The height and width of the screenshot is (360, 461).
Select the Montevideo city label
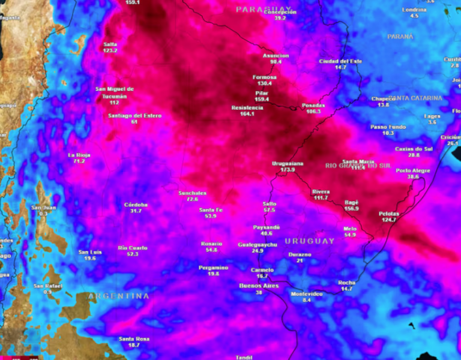coord(307,293)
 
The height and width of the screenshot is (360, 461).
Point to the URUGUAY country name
coord(309,241)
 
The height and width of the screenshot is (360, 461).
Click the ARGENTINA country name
coord(118,296)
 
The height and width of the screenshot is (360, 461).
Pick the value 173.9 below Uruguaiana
coord(288,170)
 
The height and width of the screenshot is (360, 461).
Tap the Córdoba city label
coord(136,205)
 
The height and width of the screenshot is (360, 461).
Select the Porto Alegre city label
coord(413,170)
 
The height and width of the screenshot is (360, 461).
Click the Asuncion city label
coord(276,56)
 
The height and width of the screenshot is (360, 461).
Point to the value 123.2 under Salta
coord(110,50)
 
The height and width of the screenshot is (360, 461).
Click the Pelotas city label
coord(389,214)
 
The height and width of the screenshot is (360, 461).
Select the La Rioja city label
coord(79,155)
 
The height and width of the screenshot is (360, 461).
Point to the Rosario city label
coord(211,243)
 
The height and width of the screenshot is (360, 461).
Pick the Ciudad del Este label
coord(341,61)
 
